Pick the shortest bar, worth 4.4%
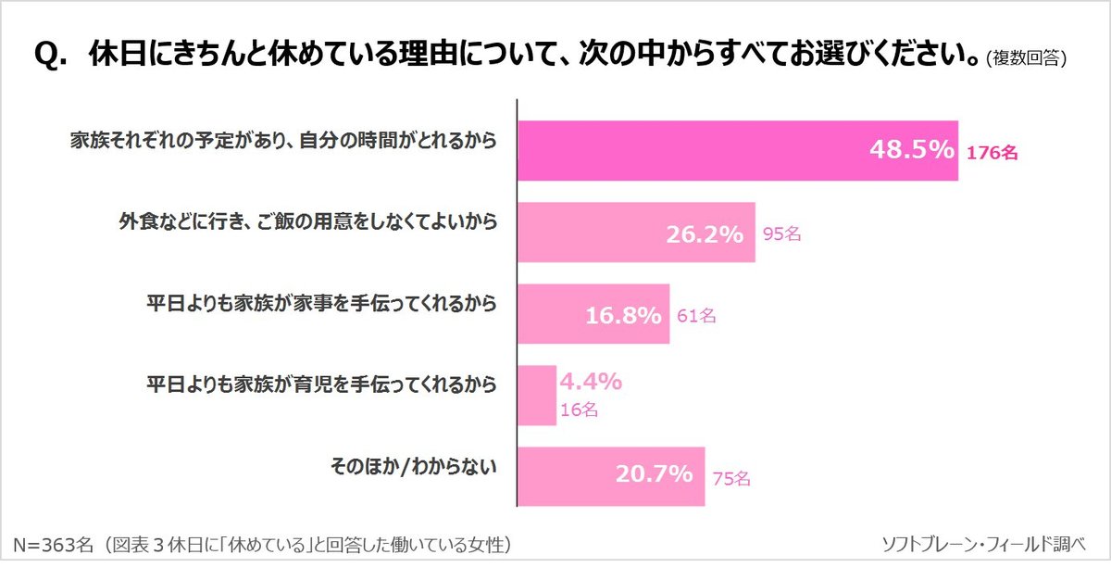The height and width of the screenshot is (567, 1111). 535,397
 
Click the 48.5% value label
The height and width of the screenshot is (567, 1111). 911,149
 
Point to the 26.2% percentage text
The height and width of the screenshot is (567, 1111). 705,234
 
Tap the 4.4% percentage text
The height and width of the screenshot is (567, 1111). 590,381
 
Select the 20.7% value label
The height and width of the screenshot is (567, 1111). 654,475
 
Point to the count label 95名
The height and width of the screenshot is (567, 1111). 781,235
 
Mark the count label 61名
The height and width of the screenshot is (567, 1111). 696,317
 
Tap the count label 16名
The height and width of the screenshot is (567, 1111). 580,409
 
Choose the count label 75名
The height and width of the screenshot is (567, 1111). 731,478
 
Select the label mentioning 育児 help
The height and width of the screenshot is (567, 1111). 322,384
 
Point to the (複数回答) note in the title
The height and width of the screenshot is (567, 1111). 1027,59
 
